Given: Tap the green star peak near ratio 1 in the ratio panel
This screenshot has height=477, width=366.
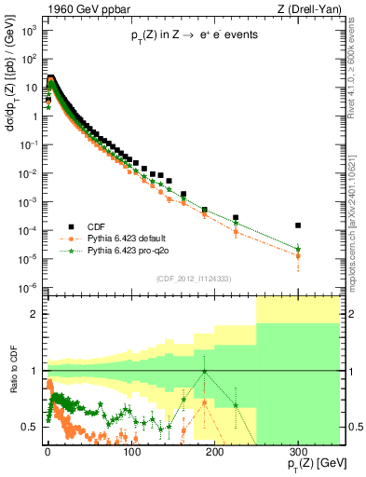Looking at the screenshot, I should coord(204,372).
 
